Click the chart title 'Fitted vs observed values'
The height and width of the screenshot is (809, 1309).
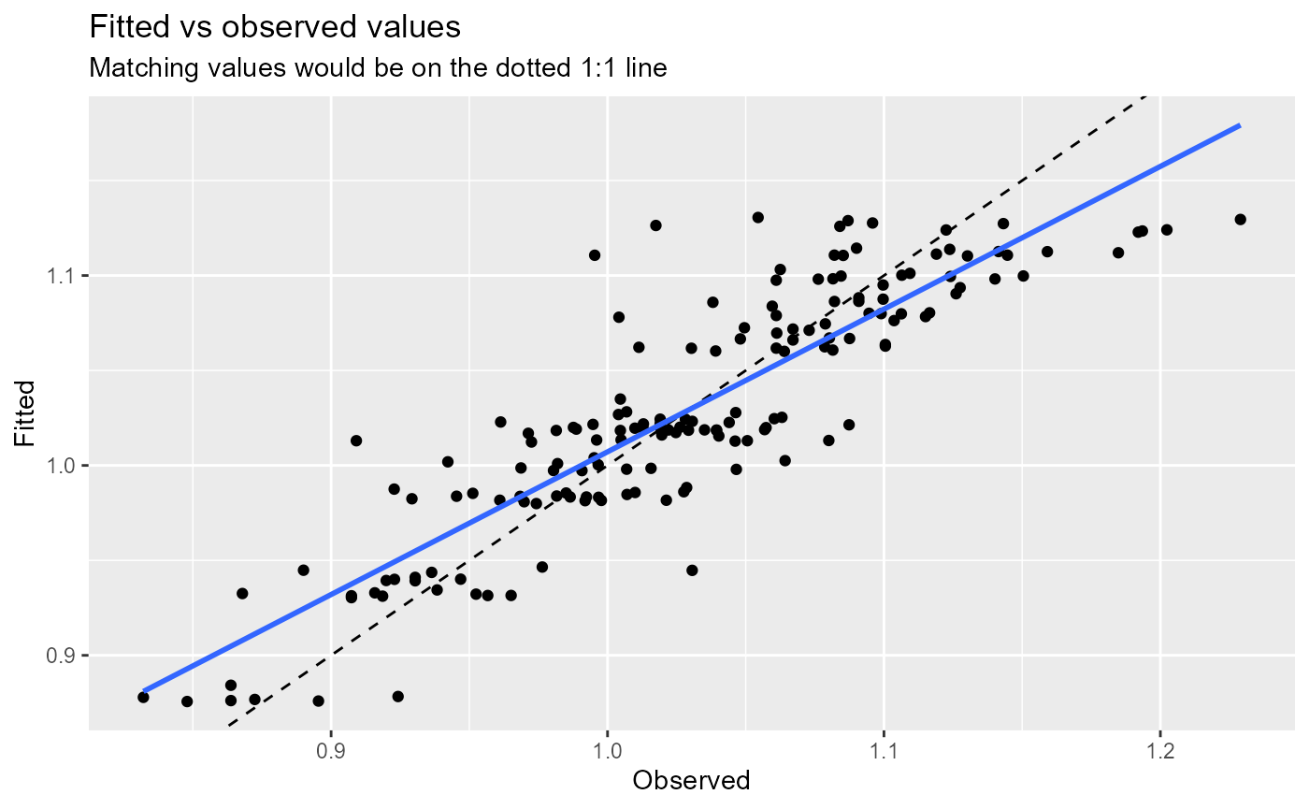point(275,28)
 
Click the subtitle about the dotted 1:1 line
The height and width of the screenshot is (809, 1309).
point(377,69)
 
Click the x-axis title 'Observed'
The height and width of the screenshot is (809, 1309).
point(692,780)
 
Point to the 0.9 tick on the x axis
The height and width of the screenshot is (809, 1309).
point(331,752)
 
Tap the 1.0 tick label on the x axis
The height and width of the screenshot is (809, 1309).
point(607,752)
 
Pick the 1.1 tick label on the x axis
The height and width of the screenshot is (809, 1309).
point(884,752)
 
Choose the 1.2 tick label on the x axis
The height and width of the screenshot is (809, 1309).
point(1159,752)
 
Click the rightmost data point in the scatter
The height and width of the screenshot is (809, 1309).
point(1240,219)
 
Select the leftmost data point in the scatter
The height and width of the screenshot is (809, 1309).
point(143,697)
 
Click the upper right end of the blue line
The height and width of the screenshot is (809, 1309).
point(1240,124)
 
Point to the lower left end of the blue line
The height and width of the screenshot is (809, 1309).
point(143,691)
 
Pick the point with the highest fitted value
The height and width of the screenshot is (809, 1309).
point(757,217)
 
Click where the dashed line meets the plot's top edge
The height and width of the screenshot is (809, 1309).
point(1147,95)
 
